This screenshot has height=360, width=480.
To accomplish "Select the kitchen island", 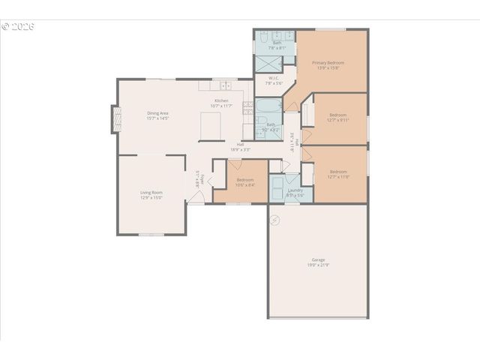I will [x=212, y=127].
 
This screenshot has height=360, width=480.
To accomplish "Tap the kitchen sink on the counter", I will [x=225, y=85].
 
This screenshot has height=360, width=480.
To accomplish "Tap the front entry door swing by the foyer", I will [x=196, y=196].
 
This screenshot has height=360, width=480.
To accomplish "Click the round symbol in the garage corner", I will [x=274, y=220].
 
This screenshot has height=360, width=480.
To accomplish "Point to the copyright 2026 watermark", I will [x=18, y=26].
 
